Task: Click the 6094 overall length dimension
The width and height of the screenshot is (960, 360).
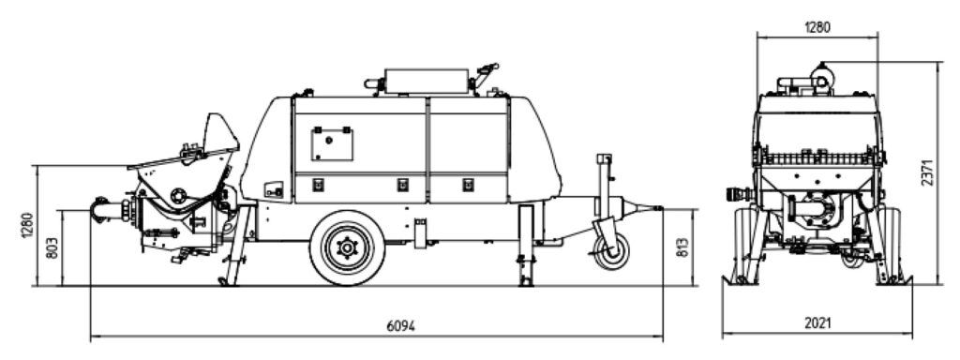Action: (x=400, y=325)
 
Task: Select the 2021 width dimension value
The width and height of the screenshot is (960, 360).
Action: (x=817, y=323)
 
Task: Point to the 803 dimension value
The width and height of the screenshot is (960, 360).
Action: (x=52, y=247)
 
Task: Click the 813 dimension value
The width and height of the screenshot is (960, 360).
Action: (x=683, y=247)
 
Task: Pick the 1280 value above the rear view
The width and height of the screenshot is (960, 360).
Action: (x=817, y=27)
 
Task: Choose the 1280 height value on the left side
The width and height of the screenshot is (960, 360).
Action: (x=27, y=225)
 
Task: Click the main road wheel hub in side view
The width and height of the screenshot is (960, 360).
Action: (x=347, y=247)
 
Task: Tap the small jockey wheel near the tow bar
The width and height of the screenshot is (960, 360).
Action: (x=611, y=251)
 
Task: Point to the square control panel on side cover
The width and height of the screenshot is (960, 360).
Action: (x=332, y=143)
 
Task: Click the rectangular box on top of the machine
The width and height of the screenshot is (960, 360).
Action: (x=427, y=81)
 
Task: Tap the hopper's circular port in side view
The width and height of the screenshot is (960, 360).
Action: (x=178, y=195)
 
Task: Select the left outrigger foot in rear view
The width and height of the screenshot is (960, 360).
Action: (x=741, y=280)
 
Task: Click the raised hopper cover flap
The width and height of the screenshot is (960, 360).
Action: (x=219, y=133)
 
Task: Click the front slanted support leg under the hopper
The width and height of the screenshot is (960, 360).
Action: (x=237, y=245)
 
